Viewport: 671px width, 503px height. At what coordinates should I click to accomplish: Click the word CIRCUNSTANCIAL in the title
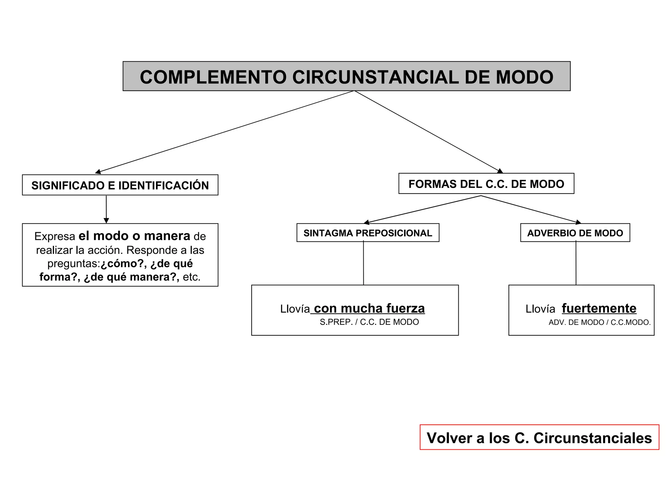(x=375, y=77)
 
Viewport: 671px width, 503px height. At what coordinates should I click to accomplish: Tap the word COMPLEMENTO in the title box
(x=213, y=77)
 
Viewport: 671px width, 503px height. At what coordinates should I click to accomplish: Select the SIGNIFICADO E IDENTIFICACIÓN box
(x=120, y=185)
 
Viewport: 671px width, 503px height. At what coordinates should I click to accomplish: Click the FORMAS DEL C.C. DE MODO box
(x=486, y=184)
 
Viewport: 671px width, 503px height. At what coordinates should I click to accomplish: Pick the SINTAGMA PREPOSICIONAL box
(x=368, y=233)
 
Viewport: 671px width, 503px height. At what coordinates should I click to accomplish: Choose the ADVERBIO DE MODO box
(x=575, y=233)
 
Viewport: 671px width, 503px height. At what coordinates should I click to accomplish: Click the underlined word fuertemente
(x=599, y=308)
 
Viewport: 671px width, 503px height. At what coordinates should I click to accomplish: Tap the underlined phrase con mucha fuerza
(x=369, y=308)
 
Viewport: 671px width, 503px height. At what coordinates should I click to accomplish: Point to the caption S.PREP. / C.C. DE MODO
(x=369, y=322)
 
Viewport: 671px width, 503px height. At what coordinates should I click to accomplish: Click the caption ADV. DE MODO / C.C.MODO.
(x=600, y=323)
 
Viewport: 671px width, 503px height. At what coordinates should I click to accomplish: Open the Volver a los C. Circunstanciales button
(x=539, y=438)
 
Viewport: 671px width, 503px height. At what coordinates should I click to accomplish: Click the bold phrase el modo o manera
(x=134, y=236)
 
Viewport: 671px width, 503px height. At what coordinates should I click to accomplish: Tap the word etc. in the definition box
(x=192, y=277)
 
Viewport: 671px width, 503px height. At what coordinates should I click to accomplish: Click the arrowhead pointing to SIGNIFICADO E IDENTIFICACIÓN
(x=98, y=172)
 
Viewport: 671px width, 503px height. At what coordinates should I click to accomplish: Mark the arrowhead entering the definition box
(x=106, y=221)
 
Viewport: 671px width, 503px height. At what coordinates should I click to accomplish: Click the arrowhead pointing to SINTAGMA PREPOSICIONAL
(x=367, y=222)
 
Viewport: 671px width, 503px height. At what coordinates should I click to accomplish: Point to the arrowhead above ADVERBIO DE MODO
(x=578, y=222)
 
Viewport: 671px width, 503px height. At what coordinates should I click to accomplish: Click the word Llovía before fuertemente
(x=540, y=309)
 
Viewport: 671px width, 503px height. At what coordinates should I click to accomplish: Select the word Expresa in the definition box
(x=55, y=236)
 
